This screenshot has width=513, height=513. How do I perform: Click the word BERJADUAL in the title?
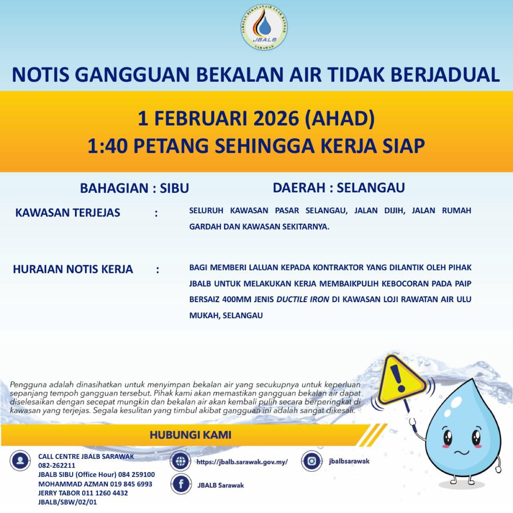coord(445,75)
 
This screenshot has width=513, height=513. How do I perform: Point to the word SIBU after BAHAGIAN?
coord(174,188)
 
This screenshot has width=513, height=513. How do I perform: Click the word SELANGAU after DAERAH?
coord(371,187)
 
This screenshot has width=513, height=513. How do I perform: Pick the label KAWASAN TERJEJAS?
coord(68,212)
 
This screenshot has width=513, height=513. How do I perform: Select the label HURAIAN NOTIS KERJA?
coord(73,269)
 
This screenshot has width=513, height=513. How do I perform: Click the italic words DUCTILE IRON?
coord(303,299)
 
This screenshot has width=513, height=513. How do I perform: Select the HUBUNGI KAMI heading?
coord(190,435)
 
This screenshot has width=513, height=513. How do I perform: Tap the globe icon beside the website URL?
coord(180,461)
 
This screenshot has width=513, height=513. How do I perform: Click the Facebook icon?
coord(180,484)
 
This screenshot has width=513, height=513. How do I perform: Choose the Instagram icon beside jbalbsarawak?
coord(312,461)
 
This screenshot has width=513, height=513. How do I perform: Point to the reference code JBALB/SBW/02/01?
coord(67,502)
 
